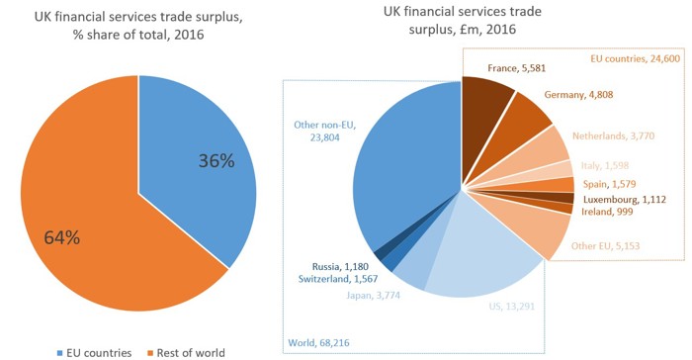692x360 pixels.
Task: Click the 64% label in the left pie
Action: pos(65,237)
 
